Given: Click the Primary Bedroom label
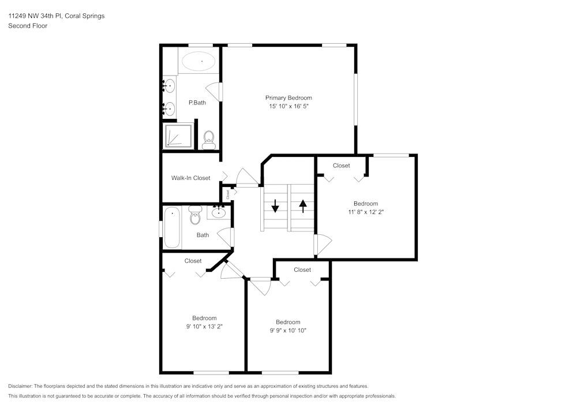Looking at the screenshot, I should pos(288,98).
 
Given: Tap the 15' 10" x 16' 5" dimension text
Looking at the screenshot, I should pos(288,107).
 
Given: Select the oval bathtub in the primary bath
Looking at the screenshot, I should pos(198,61).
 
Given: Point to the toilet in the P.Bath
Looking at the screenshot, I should pos(209,138).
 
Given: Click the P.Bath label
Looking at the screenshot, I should pos(197,103).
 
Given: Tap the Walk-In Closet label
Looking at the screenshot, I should pos(190,178).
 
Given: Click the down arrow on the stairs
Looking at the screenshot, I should pos(275,205).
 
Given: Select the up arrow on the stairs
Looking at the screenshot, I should pos(302,205).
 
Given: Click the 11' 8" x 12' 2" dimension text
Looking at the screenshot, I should pos(365,212).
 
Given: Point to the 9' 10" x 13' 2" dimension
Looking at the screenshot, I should pos(204,327).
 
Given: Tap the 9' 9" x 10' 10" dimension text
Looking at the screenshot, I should pos(287,331).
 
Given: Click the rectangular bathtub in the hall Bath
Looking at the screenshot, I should pos(172,228).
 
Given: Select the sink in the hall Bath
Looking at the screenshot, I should pos(219,213).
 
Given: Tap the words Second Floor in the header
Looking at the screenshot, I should pos(28,26).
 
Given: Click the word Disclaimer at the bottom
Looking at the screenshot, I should pos(20,386).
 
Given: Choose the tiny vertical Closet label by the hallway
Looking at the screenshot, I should pos(228,194).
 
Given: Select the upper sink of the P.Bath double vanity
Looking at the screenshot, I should pos(168,85).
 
